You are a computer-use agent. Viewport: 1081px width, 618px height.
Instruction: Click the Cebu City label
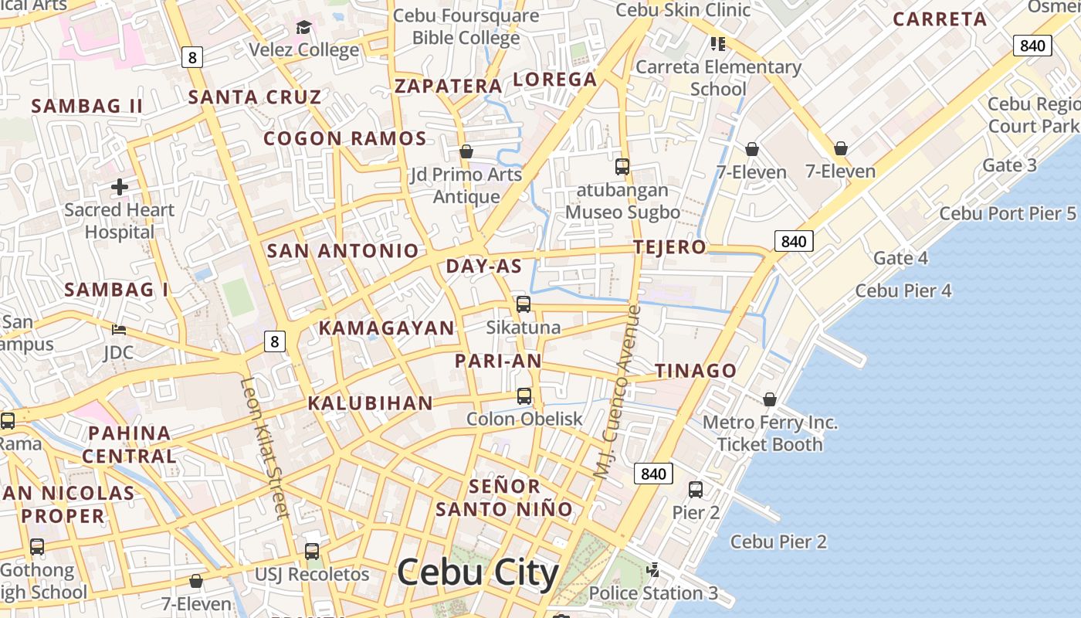pos(477,573)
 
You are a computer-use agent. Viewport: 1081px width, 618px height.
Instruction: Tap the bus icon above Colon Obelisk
pos(524,396)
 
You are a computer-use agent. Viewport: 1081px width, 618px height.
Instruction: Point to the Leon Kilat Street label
pos(264,447)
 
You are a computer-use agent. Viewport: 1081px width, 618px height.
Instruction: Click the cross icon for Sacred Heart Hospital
pos(120,186)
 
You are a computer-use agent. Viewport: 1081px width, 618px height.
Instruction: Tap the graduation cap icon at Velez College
pos(303,28)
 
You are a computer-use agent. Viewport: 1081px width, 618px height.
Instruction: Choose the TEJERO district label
pos(669,247)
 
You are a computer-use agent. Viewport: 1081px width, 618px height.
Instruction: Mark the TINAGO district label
pos(696,371)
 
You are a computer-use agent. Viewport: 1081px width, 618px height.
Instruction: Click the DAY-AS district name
pos(484,267)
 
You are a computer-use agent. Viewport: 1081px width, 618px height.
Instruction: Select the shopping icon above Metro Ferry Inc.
pos(770,399)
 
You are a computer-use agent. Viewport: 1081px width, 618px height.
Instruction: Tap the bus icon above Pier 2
pos(696,489)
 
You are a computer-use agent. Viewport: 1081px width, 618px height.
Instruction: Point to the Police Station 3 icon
pos(653,570)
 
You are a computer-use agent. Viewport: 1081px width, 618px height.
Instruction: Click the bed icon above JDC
pos(118,330)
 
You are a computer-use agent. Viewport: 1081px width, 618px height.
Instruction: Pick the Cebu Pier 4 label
pos(903,291)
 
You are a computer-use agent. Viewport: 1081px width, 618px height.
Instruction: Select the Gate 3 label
pos(1009,165)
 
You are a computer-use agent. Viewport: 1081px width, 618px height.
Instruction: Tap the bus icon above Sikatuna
pos(524,304)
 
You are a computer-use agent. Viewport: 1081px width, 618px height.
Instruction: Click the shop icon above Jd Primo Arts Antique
pos(466,151)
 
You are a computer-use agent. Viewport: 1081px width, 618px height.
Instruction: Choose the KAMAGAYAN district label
pos(387,328)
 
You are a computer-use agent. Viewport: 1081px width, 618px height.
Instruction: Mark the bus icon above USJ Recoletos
pos(312,552)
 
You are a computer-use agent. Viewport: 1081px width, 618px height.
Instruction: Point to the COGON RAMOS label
pos(345,139)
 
